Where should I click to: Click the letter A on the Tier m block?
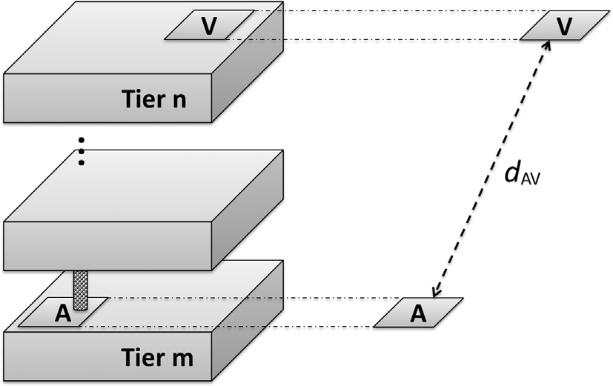(x=62, y=314)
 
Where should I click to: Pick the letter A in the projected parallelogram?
(x=419, y=313)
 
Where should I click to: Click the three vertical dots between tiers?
(x=82, y=150)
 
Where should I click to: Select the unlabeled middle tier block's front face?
(x=107, y=244)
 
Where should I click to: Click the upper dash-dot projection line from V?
(x=400, y=11)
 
